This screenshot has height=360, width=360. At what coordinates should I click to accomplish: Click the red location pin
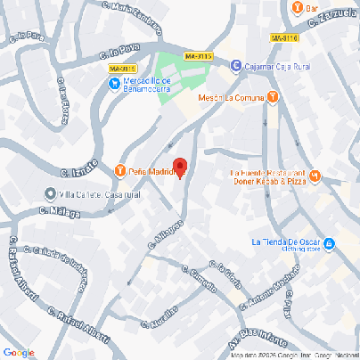tap(179, 168)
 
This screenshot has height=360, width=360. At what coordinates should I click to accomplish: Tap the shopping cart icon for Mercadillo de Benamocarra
tap(114, 84)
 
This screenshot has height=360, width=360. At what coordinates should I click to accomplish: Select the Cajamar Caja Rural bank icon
tap(235, 65)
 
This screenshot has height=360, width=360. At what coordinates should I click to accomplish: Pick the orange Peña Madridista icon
tap(120, 171)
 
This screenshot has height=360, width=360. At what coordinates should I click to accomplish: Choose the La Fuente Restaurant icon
tap(314, 173)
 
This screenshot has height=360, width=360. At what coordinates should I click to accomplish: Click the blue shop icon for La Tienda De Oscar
tap(329, 242)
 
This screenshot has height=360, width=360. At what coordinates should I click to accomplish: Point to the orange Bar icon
tap(297, 8)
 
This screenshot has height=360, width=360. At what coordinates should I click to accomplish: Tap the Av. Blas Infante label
tap(267, 338)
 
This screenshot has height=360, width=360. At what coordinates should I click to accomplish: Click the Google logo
tap(18, 353)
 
